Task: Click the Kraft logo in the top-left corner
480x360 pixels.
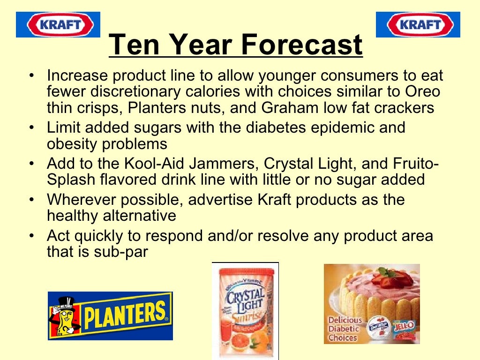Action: (58, 24)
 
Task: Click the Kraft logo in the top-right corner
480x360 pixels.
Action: (418, 24)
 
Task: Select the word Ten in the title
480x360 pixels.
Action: (135, 45)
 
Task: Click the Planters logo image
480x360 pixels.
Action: (111, 315)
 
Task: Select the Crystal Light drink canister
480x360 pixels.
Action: (245, 312)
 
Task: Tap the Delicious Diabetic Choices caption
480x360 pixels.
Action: (345, 329)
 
